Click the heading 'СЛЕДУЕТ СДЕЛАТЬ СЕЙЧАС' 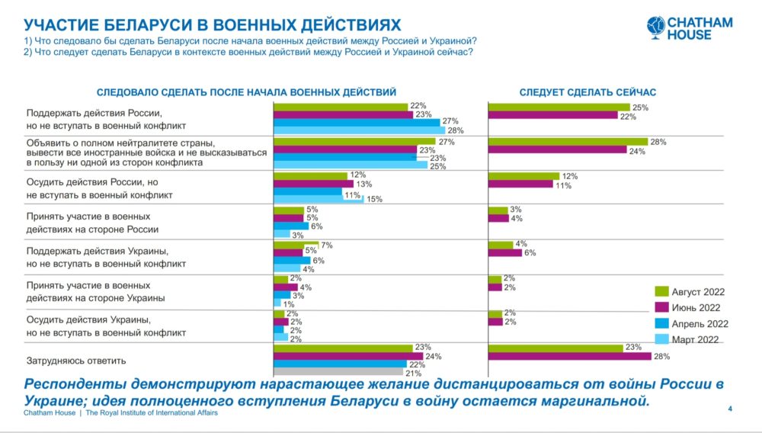[x=588, y=92]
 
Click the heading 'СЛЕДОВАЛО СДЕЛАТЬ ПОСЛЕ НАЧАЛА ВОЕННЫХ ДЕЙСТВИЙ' [x=247, y=92]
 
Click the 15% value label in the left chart [x=374, y=200]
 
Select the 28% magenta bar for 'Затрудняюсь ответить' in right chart [x=568, y=357]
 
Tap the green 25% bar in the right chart [x=559, y=107]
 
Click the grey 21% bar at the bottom [x=338, y=372]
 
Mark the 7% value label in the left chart [x=328, y=245]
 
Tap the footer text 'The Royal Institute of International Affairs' [x=152, y=412]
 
